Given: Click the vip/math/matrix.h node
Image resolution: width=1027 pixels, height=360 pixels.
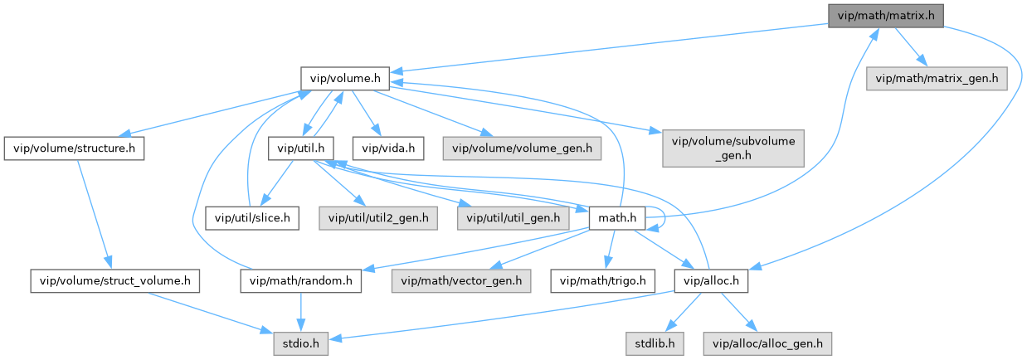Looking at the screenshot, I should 885,14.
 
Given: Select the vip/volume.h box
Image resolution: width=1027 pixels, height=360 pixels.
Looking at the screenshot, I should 344,79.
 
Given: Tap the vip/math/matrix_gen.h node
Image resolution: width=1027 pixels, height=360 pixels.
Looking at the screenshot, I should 936,79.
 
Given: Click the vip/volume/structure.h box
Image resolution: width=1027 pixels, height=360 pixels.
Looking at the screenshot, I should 74,148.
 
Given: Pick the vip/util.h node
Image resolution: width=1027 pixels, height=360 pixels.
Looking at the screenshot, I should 300,148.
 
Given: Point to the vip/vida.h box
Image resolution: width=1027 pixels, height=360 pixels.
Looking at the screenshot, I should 388,148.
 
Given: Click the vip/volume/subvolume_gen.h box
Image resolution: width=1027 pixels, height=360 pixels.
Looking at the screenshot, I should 733,148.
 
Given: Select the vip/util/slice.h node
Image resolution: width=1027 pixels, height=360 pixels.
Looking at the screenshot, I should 252,218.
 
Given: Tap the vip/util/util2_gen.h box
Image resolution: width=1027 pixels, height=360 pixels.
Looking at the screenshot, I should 378,218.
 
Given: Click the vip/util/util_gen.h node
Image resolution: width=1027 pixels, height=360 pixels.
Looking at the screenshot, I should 513,218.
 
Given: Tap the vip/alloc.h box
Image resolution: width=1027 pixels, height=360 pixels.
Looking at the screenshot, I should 712,281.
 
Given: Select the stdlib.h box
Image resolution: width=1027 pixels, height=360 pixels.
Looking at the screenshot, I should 655,343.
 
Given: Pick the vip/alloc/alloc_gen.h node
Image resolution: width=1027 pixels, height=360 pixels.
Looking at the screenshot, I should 767,343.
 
